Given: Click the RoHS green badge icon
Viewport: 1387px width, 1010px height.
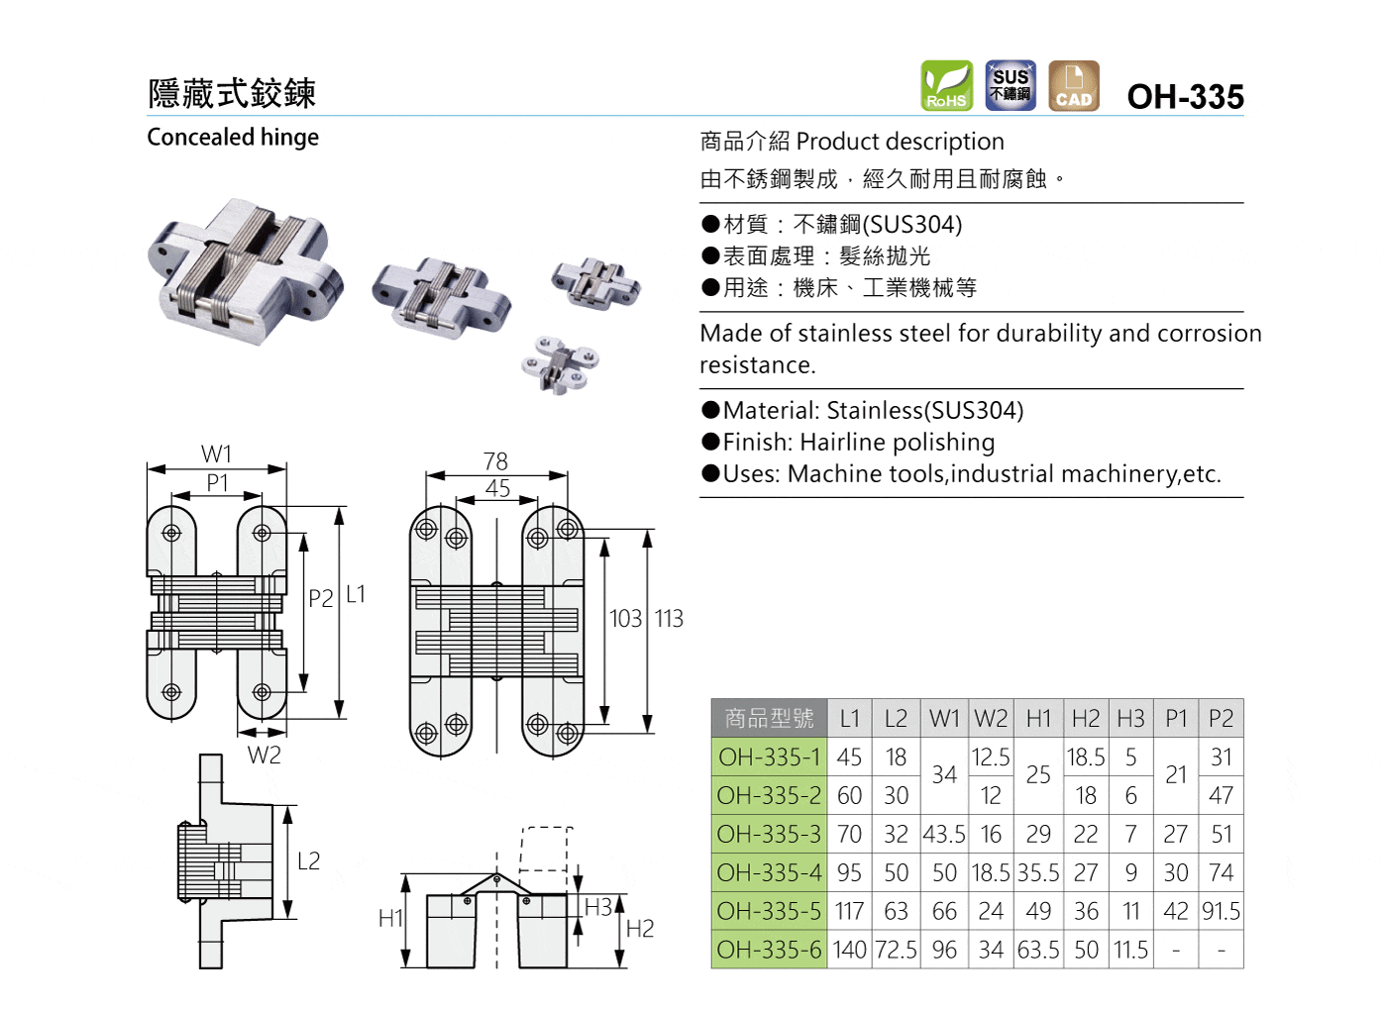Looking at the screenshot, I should tap(946, 85).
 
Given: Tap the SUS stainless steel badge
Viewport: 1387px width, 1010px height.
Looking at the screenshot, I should tap(1010, 85).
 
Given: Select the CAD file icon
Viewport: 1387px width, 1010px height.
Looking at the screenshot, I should tap(1073, 85).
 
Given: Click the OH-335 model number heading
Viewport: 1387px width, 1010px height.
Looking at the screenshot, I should tap(1185, 96).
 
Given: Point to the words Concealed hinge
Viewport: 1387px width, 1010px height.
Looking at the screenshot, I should tap(233, 137).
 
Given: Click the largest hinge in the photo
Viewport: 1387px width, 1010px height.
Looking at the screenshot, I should tap(246, 269).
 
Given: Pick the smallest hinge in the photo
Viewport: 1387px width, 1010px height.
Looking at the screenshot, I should tap(560, 363).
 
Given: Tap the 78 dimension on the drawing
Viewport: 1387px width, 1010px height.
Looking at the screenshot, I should tap(495, 461).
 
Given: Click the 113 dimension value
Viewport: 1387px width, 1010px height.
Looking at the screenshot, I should tap(669, 619).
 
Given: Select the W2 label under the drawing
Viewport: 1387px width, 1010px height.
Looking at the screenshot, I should tap(265, 756).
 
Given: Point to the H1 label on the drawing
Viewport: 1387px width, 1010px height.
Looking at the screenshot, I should tap(390, 919).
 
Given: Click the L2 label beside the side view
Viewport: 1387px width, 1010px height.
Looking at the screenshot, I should tap(309, 861).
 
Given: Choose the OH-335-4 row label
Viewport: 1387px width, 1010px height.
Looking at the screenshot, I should tap(769, 872).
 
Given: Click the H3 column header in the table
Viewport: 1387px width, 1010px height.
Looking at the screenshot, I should tap(1130, 718).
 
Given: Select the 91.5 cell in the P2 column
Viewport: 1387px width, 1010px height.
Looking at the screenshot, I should tap(1221, 911).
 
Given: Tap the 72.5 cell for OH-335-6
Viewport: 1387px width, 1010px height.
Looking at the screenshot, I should tap(896, 950).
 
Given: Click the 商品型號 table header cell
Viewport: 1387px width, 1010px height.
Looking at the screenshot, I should tap(769, 718).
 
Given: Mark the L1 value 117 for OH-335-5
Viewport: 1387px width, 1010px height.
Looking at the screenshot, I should tap(849, 911).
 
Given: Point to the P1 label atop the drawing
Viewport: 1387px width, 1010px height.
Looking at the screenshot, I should tap(217, 482).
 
